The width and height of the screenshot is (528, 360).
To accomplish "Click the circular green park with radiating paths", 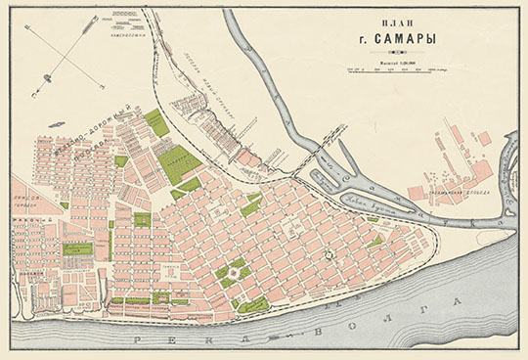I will click(x=232, y=274).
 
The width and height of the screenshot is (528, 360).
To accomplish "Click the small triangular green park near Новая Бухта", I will click(x=375, y=241).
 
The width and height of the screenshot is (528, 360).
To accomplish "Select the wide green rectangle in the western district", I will click(x=77, y=249).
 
